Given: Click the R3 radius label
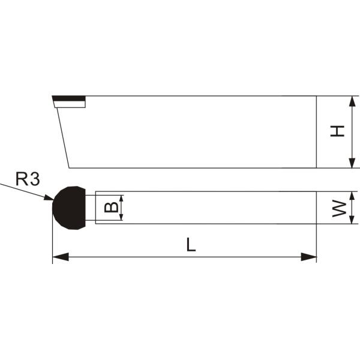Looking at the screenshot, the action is click(x=28, y=179).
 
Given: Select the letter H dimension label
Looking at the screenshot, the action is click(x=337, y=131).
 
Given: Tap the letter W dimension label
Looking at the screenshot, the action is click(x=340, y=208).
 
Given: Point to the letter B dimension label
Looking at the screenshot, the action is click(x=112, y=208).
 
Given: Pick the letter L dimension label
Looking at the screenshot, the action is click(x=191, y=245).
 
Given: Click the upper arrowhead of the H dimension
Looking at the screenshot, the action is click(x=352, y=101).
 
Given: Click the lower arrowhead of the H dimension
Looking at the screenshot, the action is click(x=352, y=163).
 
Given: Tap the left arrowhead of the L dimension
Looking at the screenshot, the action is click(x=61, y=257).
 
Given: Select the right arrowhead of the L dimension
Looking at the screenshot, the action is click(x=308, y=257).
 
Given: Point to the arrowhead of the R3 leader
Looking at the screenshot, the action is click(x=49, y=197).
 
